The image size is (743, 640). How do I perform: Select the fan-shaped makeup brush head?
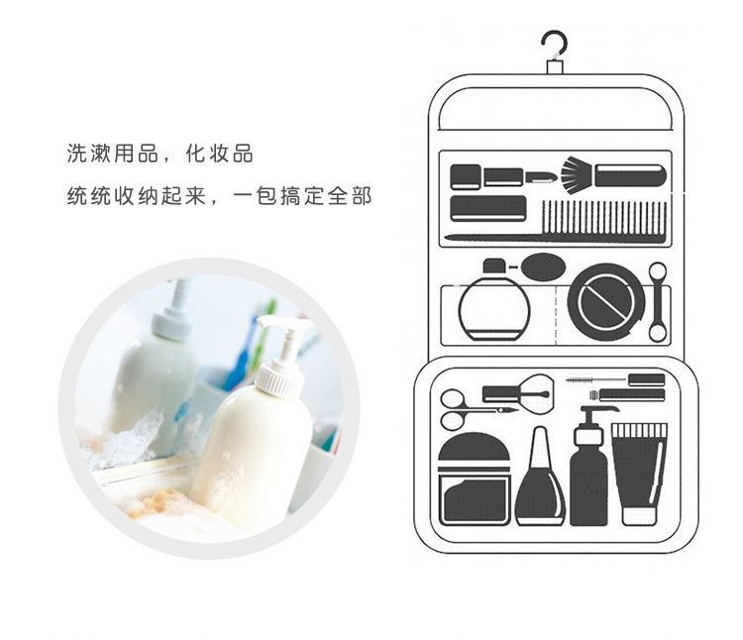click(x=577, y=175)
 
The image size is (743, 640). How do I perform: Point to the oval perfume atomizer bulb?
click(x=543, y=267)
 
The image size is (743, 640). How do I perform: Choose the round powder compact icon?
click(x=606, y=302)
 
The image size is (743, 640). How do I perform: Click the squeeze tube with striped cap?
click(x=639, y=474)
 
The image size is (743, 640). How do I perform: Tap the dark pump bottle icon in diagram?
click(x=589, y=467)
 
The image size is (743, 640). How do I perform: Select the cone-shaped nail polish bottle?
click(x=540, y=479)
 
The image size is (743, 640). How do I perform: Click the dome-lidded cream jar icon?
click(x=475, y=479)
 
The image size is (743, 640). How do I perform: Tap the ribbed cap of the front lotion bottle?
click(x=279, y=378)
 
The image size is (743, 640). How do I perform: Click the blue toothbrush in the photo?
click(x=241, y=360)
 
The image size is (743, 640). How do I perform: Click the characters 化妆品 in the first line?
click(x=219, y=154)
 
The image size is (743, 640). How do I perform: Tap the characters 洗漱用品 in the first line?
click(x=113, y=154)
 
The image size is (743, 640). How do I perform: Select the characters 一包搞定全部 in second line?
click(x=302, y=196)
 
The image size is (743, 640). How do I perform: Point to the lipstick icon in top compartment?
click(x=540, y=178)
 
